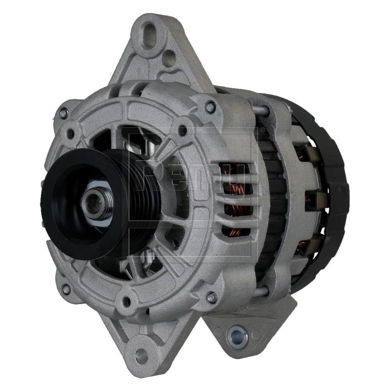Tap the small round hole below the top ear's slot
point(168,59)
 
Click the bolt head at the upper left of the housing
point(63,112)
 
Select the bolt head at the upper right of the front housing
point(211,107)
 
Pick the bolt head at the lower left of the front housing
point(66,289)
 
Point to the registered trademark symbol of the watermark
point(262,131)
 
